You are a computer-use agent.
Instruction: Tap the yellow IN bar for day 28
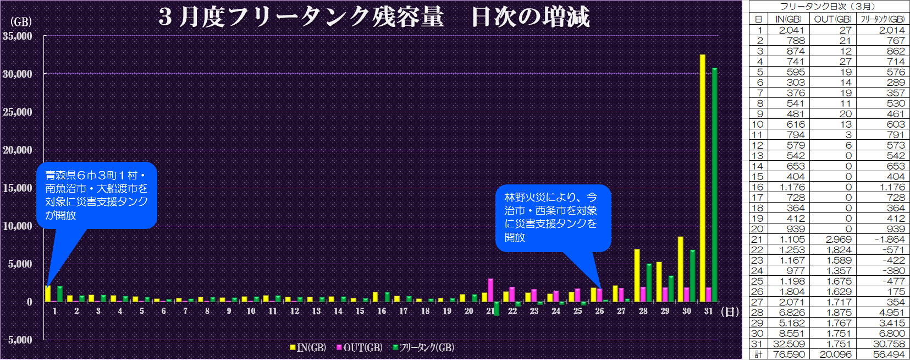[637, 275]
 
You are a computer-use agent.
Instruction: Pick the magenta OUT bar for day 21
[490, 290]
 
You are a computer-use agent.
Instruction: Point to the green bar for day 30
[693, 276]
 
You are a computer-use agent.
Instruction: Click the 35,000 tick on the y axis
[18, 36]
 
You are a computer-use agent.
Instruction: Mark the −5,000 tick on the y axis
[18, 340]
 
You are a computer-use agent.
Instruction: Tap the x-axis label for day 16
[382, 311]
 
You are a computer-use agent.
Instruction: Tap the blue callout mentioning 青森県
[96, 195]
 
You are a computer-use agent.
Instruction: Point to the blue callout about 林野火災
[552, 217]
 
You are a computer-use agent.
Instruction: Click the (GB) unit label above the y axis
[21, 22]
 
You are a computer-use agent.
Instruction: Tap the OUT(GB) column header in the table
[832, 19]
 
